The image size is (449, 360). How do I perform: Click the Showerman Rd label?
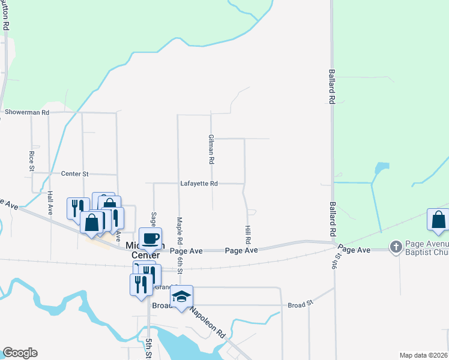[26, 112]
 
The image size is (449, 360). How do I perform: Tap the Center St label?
[75, 173]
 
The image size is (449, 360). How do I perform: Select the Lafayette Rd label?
[199, 184]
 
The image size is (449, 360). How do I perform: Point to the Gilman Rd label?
[211, 150]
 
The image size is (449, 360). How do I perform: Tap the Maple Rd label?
[179, 226]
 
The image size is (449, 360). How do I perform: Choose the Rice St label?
[32, 160]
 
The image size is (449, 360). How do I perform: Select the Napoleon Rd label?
[208, 322]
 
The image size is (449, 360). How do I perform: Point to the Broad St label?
[301, 304]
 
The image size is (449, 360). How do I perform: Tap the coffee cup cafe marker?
[151, 238]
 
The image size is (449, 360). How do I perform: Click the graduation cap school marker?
[182, 296]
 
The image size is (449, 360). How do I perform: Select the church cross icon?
[395, 246]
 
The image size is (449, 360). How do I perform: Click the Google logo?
[20, 353]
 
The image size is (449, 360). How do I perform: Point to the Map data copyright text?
[424, 355]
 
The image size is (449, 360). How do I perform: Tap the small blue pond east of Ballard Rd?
[380, 169]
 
